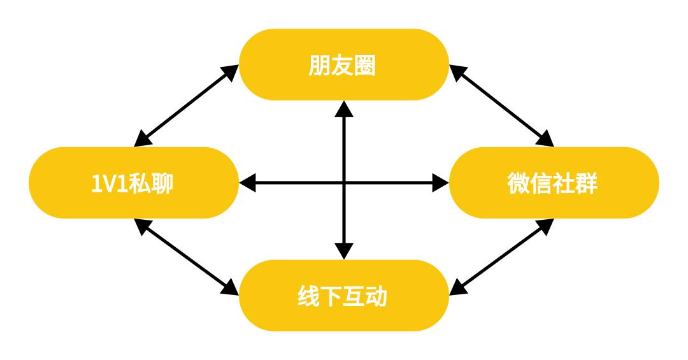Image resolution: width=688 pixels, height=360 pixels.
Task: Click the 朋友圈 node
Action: click(x=344, y=64)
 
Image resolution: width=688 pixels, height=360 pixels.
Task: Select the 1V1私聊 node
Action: click(x=134, y=183)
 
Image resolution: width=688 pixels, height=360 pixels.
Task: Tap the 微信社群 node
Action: click(x=554, y=183)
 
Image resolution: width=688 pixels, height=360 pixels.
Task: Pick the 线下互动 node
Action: click(x=344, y=296)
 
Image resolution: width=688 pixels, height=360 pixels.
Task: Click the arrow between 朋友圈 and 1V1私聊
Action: click(x=186, y=105)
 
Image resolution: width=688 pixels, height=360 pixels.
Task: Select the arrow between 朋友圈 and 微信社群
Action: click(x=501, y=105)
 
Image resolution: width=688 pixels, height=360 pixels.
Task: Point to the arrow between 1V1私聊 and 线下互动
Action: click(x=186, y=257)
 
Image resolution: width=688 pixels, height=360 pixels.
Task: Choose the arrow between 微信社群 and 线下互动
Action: click(x=501, y=257)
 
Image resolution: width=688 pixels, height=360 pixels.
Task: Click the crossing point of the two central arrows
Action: click(x=344, y=183)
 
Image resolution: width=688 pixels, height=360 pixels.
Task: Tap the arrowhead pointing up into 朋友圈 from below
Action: click(x=344, y=109)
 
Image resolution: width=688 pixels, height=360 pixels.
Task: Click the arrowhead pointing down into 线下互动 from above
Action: click(x=344, y=251)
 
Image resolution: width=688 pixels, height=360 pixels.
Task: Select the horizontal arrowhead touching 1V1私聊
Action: click(x=247, y=183)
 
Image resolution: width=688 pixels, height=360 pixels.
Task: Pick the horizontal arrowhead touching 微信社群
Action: click(x=441, y=183)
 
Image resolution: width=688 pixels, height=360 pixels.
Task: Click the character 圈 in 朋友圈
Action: click(x=365, y=66)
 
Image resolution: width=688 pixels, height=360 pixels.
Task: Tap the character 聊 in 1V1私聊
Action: click(x=162, y=183)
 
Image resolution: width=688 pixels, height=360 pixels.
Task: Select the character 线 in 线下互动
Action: click(x=309, y=296)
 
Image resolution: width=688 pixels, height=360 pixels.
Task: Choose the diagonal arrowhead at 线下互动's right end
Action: click(x=458, y=288)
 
